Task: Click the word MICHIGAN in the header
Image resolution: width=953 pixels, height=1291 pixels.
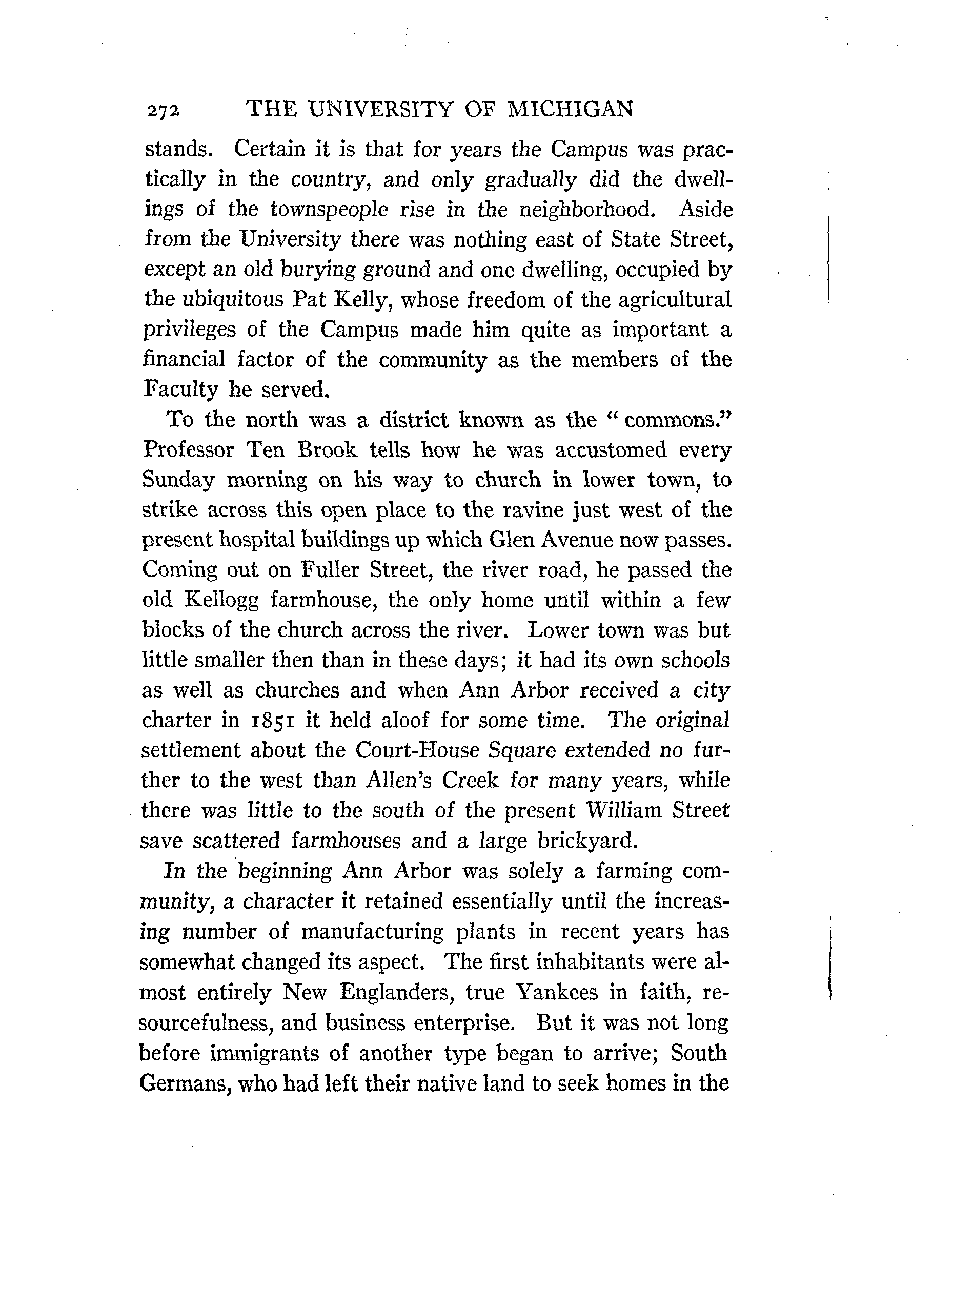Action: tap(570, 109)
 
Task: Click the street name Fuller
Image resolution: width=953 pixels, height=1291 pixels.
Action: tap(331, 570)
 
